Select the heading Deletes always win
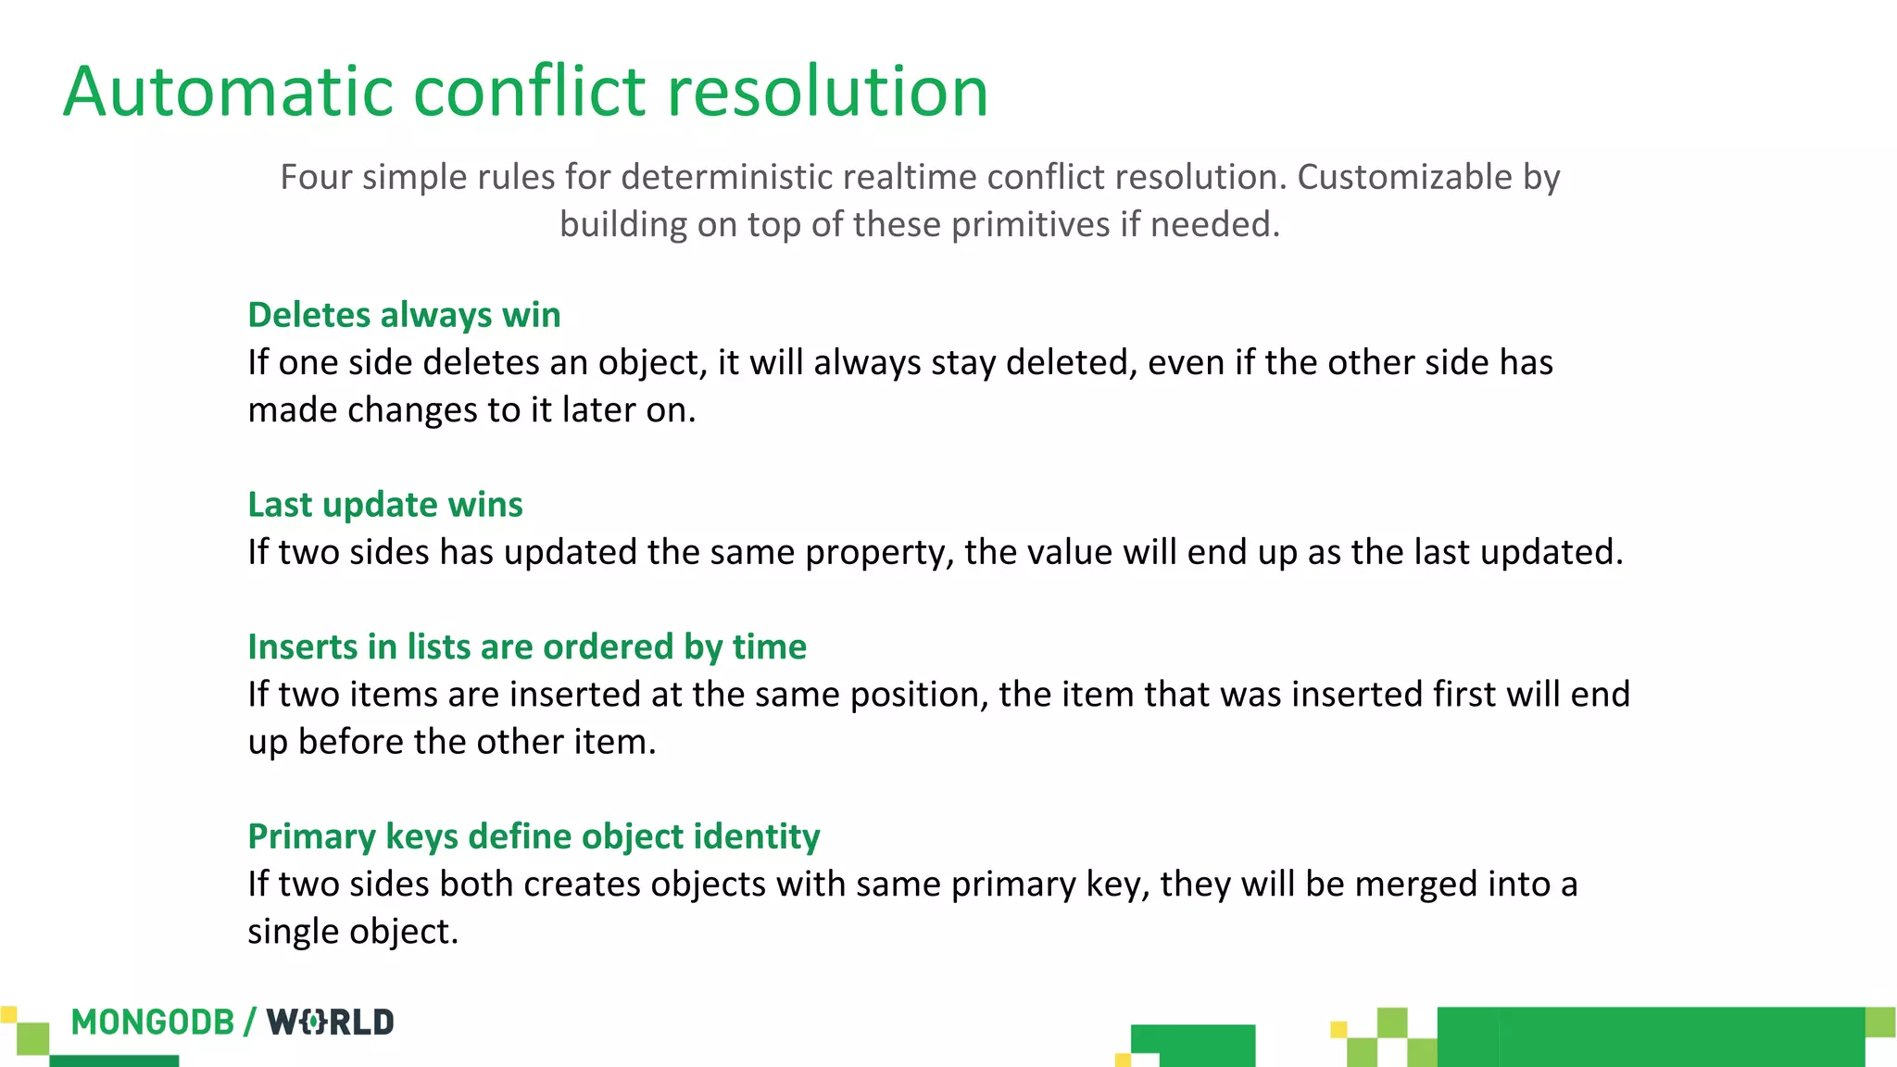tap(404, 315)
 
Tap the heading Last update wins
tap(384, 505)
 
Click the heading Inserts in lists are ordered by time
tap(526, 646)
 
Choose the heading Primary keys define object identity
tap(534, 836)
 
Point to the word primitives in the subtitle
tap(1030, 225)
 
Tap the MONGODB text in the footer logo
tap(153, 1023)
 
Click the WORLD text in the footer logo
tap(330, 1023)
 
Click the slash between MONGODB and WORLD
tap(250, 1023)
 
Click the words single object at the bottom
tap(352, 932)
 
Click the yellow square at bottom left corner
tap(8, 1014)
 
